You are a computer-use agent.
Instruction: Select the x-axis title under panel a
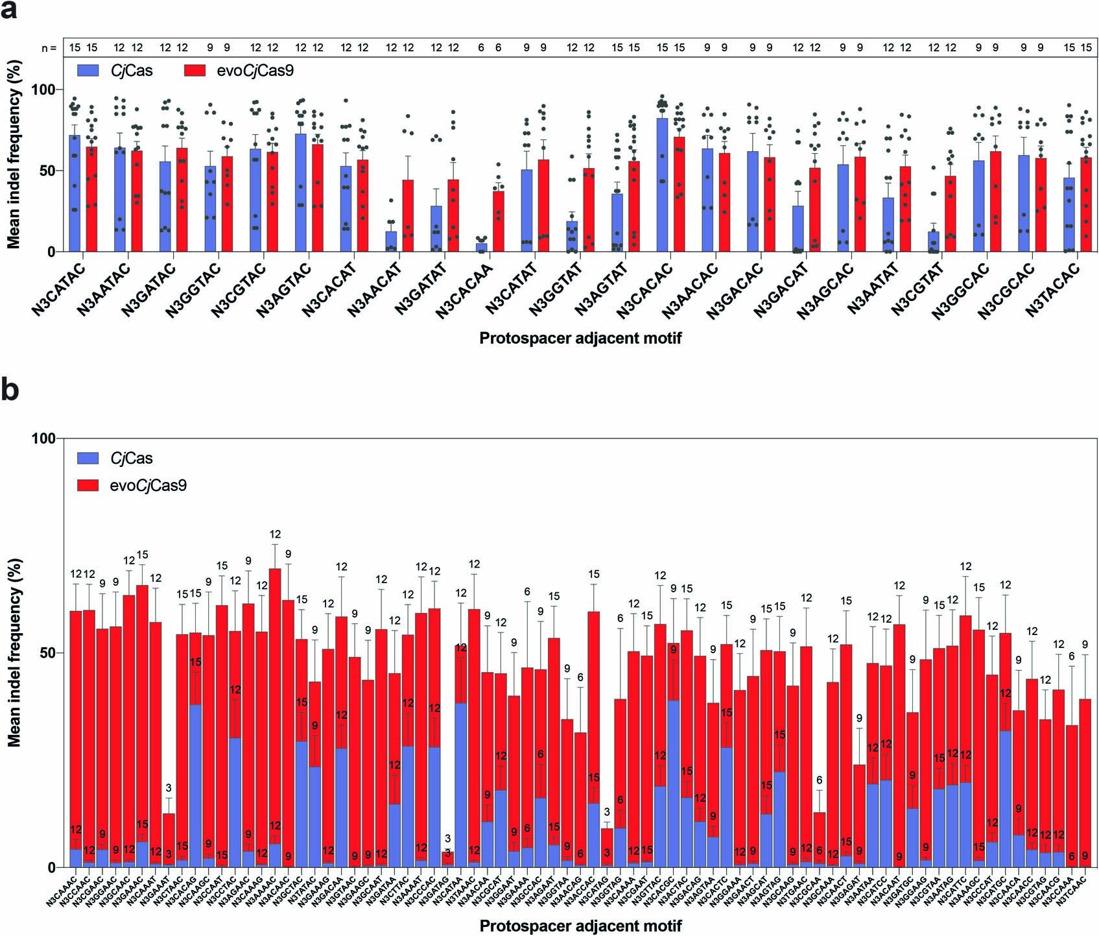[x=580, y=338]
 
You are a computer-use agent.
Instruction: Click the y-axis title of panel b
[x=14, y=653]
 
